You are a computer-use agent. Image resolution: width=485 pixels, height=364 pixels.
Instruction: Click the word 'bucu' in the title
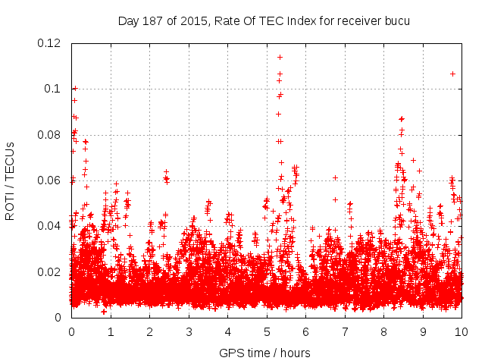[x=396, y=20]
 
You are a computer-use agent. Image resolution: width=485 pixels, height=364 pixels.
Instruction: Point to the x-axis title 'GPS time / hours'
[x=265, y=353]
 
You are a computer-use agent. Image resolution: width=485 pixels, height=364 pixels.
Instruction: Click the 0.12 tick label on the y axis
[x=50, y=43]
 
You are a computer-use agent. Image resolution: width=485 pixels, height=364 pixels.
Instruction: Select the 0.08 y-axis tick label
[x=50, y=135]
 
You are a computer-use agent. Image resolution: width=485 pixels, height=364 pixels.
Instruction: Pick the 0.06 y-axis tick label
[x=50, y=180]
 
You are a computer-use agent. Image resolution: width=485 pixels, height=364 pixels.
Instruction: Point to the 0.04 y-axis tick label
[x=50, y=226]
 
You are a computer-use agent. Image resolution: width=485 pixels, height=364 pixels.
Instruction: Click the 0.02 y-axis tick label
[x=50, y=272]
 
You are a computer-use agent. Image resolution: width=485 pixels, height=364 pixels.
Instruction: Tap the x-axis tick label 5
[x=267, y=331]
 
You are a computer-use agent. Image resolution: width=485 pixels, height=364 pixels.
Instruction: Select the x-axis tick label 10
[x=462, y=331]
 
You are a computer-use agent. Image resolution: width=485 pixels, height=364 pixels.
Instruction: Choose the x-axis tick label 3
[x=189, y=331]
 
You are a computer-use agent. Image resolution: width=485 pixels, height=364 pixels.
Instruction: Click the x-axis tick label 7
[x=345, y=331]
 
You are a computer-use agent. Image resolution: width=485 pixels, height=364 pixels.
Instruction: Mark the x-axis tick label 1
[x=111, y=331]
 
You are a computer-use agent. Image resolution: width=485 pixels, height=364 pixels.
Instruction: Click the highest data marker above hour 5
[x=280, y=57]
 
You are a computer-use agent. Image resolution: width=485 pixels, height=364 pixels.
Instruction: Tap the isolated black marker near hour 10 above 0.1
[x=452, y=74]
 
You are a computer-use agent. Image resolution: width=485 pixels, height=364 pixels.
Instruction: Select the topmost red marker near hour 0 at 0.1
[x=74, y=89]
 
